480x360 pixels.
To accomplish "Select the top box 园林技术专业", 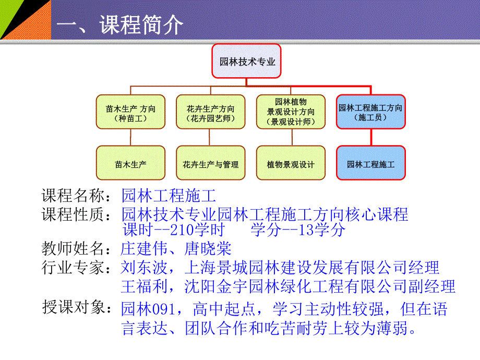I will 246,62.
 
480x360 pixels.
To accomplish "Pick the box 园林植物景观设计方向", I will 291,111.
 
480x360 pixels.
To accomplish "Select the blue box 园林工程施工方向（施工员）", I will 370,112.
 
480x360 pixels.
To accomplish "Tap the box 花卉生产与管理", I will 210,164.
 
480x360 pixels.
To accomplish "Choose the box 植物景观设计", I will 291,164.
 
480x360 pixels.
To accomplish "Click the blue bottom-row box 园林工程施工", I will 370,164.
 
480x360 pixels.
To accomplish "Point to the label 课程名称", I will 73,196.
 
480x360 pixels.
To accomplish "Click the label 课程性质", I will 73,214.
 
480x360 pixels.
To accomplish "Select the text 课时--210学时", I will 173,230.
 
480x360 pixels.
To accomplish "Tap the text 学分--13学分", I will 298,230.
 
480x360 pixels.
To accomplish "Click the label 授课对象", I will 73,308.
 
